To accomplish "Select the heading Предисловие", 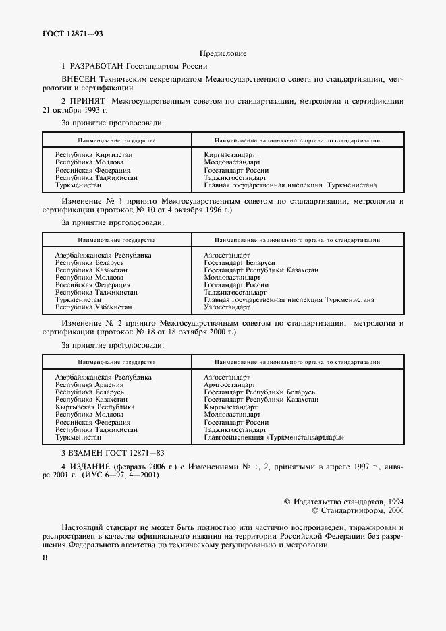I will (223, 53).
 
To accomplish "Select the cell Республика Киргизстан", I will (93, 155).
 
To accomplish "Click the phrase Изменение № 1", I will (89, 201).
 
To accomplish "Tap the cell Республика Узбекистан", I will (93, 307).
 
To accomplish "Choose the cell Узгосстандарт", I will (227, 307).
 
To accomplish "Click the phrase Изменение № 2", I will (89, 324).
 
